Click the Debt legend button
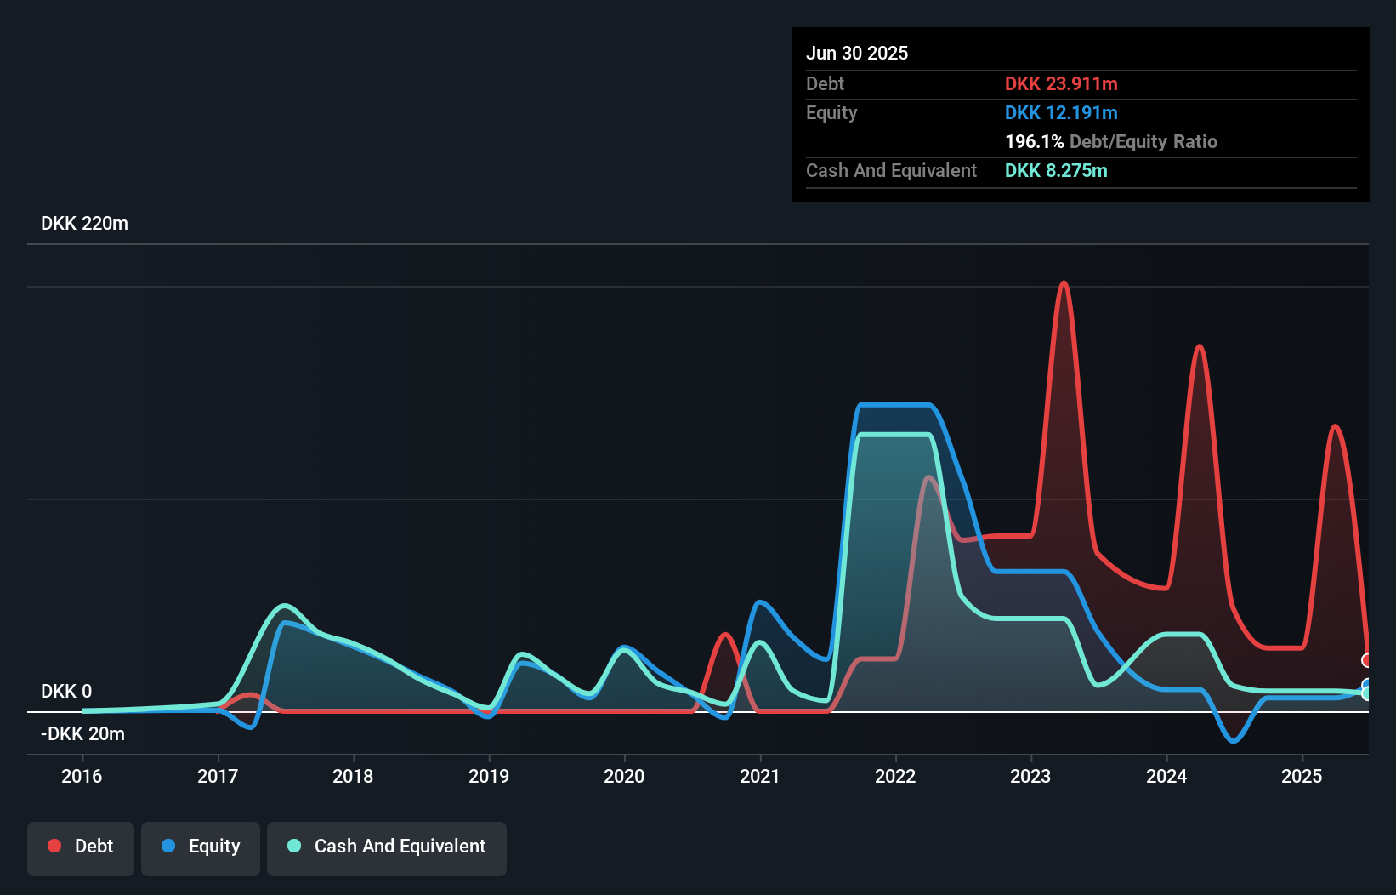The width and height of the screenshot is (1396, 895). pyautogui.click(x=81, y=847)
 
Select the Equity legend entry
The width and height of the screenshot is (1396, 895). pyautogui.click(x=201, y=847)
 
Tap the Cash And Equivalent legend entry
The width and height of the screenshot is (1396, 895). pyautogui.click(x=387, y=847)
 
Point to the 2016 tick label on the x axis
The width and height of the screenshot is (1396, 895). pyautogui.click(x=82, y=776)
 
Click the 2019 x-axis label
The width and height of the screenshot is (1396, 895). pyautogui.click(x=489, y=776)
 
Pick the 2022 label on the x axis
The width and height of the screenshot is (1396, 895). pyautogui.click(x=895, y=776)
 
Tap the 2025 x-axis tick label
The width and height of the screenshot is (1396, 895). pyautogui.click(x=1302, y=776)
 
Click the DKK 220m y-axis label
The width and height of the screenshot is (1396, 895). pyautogui.click(x=84, y=224)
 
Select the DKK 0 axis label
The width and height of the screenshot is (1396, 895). pyautogui.click(x=66, y=691)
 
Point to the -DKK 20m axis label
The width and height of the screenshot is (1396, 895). pyautogui.click(x=82, y=733)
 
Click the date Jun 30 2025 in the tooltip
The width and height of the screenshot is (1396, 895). pyautogui.click(x=857, y=53)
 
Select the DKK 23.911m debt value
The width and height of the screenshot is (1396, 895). pyautogui.click(x=1061, y=83)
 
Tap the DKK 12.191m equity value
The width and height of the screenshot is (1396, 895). pyautogui.click(x=1061, y=112)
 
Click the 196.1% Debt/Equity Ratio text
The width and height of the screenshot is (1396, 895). pyautogui.click(x=1110, y=141)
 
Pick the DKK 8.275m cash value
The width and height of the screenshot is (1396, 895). pyautogui.click(x=1056, y=170)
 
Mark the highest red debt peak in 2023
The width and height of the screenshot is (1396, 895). pyautogui.click(x=1064, y=283)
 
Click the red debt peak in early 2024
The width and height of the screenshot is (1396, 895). pyautogui.click(x=1199, y=346)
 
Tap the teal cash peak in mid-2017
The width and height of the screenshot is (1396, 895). pyautogui.click(x=285, y=606)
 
